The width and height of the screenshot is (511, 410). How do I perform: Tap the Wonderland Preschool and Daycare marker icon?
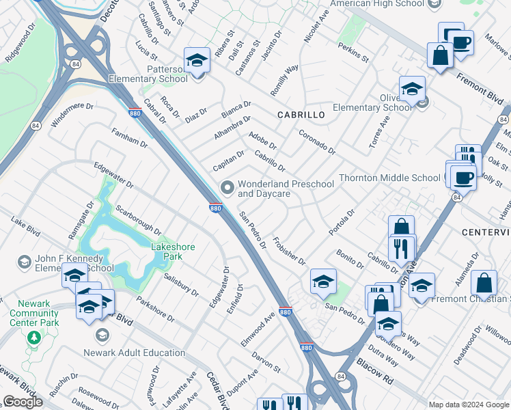coord(227,187)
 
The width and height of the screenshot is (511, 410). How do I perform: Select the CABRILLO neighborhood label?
coord(301,115)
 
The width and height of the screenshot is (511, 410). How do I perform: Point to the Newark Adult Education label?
coord(135,353)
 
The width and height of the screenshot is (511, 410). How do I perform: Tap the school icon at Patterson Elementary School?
coord(197,60)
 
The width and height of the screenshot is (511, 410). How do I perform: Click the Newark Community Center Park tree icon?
coord(33,337)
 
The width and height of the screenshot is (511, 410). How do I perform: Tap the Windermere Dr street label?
coord(72,114)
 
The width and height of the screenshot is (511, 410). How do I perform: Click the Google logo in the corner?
coord(23,402)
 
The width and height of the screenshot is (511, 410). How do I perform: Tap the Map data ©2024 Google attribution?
coord(469,405)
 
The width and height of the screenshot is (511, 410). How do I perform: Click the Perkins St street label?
coord(353,53)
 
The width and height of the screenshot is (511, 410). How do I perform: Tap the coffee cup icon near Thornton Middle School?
coord(464,177)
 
